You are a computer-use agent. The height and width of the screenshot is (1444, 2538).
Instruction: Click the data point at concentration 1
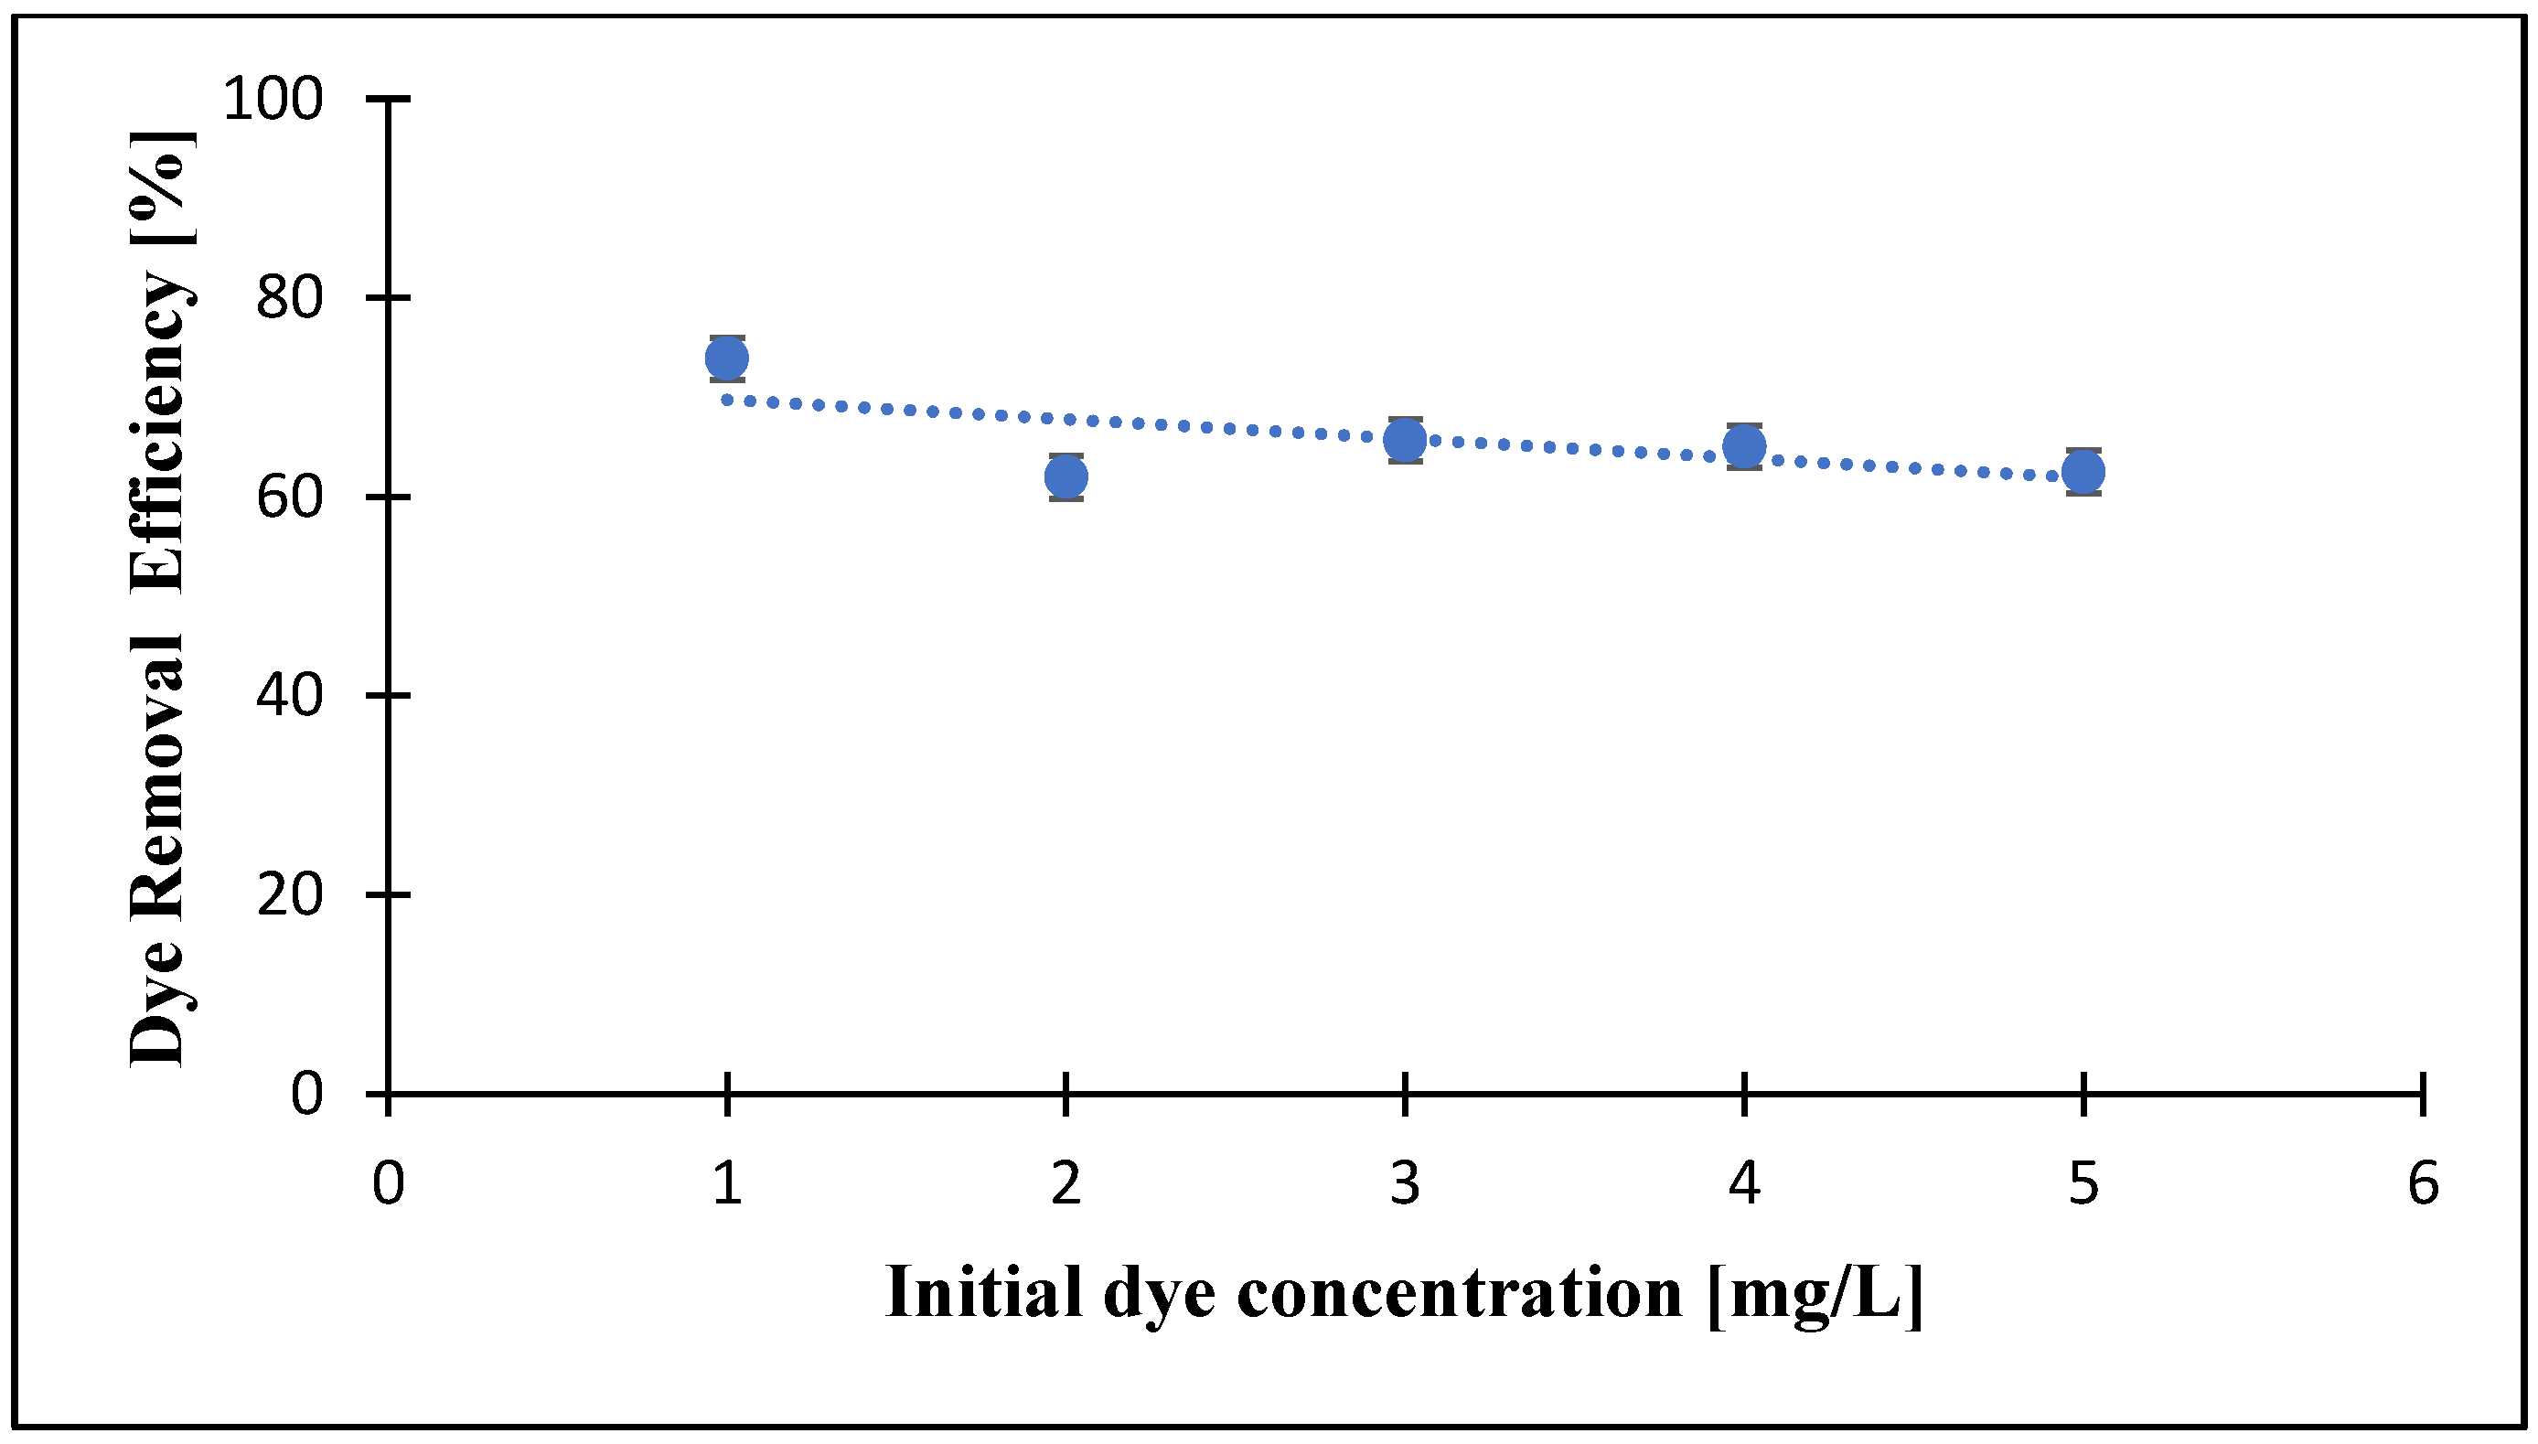(x=727, y=358)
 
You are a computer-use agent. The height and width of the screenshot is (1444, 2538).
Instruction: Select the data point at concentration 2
(x=1066, y=477)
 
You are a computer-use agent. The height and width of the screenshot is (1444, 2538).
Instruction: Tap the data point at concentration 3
(x=1406, y=441)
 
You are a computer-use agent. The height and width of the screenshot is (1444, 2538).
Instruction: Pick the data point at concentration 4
(x=1744, y=446)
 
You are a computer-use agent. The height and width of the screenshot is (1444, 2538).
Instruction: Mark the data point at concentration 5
(x=2083, y=471)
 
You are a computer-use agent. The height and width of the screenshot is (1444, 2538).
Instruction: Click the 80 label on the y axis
(x=290, y=297)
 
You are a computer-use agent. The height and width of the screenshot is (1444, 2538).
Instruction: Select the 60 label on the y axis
(x=290, y=497)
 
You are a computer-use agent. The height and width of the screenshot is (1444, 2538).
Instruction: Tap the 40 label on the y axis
(x=290, y=695)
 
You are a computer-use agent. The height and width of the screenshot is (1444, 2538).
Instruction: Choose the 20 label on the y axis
(x=290, y=894)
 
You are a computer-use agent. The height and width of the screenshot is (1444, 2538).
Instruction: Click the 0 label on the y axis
(x=306, y=1094)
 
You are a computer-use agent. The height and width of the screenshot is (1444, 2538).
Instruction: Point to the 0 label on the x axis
(x=388, y=1183)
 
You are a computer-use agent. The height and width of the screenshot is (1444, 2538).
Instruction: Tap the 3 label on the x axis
(x=1406, y=1183)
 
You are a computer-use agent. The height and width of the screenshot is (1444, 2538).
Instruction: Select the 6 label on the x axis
(x=2423, y=1183)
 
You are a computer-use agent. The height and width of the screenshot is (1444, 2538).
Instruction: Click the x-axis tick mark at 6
(x=2423, y=1094)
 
